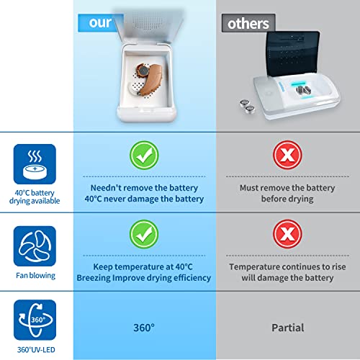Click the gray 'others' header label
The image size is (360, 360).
(x=248, y=23)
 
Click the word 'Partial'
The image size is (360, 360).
(x=287, y=328)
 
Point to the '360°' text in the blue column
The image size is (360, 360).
(x=145, y=328)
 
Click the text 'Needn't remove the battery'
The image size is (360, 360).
(x=145, y=186)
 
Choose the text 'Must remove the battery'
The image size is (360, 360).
(x=287, y=186)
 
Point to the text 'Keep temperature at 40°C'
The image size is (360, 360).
(x=145, y=266)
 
